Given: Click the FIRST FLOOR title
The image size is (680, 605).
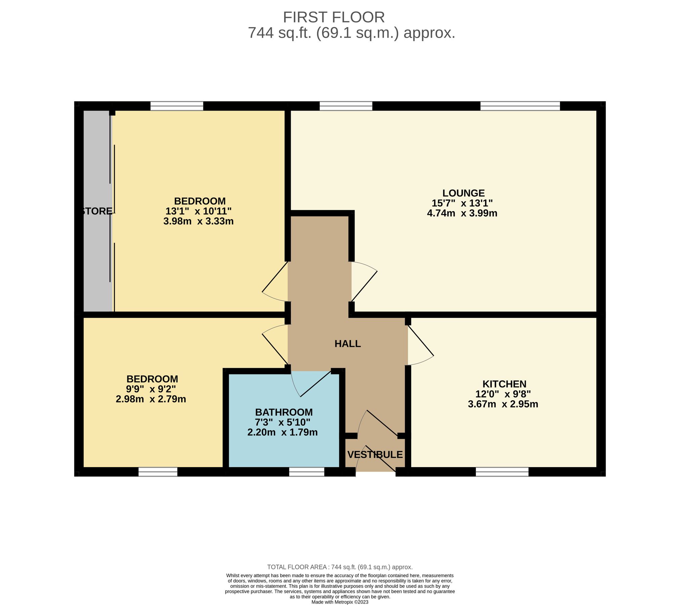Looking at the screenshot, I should pos(333,17).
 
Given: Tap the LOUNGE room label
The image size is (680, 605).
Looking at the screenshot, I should pos(463,193).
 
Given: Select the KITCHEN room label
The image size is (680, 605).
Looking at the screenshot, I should pos(504,384).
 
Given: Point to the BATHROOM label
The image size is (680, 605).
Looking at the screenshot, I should pos(284,412).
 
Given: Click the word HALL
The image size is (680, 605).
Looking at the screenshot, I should pos(348,344).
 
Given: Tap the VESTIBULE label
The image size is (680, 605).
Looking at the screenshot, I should pos(375,455).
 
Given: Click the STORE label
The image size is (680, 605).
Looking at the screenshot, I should pos(97,211).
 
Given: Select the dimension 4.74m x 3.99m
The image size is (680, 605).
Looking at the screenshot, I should pos(462,213).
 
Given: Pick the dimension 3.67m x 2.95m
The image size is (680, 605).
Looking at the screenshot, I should pos(503,404).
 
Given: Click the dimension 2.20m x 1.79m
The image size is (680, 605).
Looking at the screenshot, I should pos(282,432).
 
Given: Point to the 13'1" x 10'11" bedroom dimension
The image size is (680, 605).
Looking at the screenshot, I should pos(198,211).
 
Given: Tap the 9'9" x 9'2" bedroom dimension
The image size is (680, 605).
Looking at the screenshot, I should pos(151,389).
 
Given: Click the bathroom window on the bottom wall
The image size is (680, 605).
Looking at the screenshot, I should pos(307,472).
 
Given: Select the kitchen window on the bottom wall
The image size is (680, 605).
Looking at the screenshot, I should pos(502,472).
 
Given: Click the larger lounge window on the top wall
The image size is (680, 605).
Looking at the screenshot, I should pos(520,106).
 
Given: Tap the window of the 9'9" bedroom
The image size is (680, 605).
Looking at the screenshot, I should pos(158,472).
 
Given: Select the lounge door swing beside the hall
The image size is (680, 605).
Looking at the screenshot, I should pos(364,281).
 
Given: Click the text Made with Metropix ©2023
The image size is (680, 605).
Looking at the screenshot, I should pos(339,602).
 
